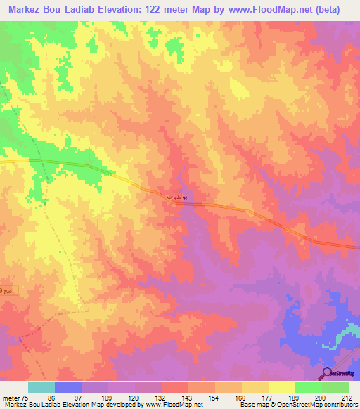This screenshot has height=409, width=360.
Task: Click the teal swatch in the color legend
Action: click(41, 387)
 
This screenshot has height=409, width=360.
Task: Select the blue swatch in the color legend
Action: click(68, 387)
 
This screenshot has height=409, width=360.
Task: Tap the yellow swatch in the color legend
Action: click(282, 387)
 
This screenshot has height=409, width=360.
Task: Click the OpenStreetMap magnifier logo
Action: click(328, 373)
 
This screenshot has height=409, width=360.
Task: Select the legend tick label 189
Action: click(296, 398)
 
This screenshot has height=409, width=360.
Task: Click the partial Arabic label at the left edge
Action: click(6, 290)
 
